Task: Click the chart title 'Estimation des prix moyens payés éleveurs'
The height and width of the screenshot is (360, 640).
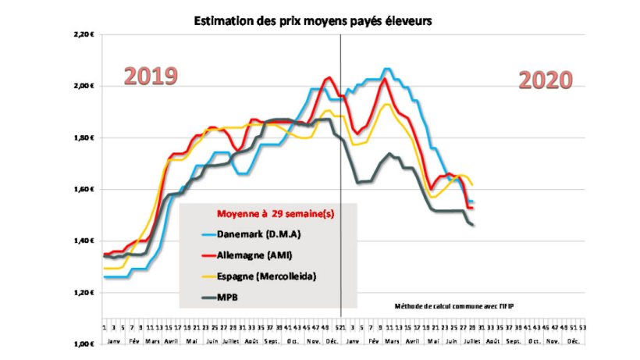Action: tap(312, 21)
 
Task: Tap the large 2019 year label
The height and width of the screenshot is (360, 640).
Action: tap(151, 77)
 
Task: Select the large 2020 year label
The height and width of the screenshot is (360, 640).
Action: tap(546, 80)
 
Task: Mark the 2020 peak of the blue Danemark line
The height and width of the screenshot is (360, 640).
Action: tap(386, 69)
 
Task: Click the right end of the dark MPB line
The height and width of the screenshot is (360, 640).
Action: tap(473, 225)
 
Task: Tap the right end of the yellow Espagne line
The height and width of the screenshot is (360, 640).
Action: tap(473, 184)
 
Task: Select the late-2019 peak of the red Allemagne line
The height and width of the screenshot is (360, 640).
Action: tap(328, 77)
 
